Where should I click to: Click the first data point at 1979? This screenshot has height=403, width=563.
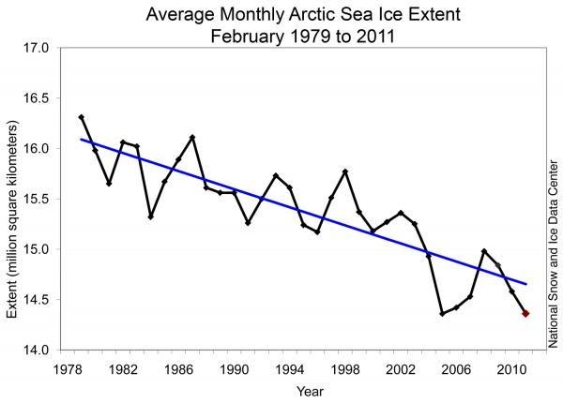[82, 117]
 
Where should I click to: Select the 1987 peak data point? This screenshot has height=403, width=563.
[192, 138]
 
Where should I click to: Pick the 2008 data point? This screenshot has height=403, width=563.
[483, 251]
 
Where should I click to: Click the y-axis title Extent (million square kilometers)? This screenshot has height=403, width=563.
[13, 199]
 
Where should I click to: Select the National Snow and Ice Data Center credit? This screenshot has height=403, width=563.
[551, 244]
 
